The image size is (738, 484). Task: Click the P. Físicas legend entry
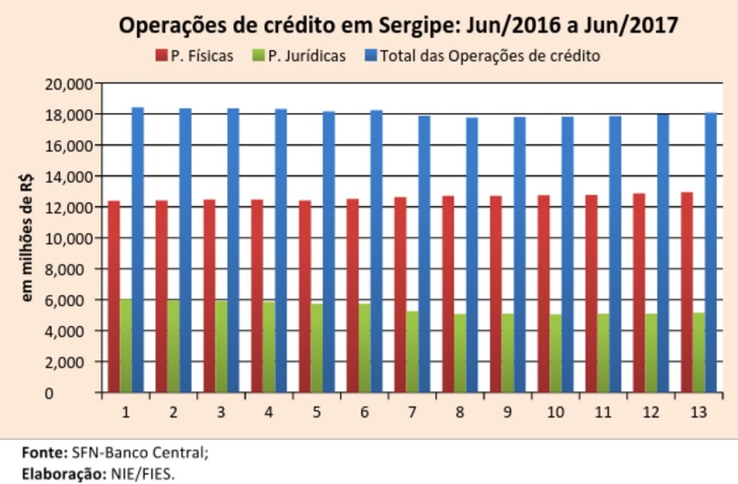pyautogui.click(x=194, y=56)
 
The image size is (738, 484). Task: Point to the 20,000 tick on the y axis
pyautogui.click(x=68, y=84)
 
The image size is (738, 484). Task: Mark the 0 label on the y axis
pyautogui.click(x=86, y=393)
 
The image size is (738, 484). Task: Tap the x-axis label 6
pyautogui.click(x=365, y=412)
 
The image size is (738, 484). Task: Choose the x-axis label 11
pyautogui.click(x=603, y=412)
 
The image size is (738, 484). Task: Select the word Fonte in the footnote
pyautogui.click(x=43, y=453)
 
